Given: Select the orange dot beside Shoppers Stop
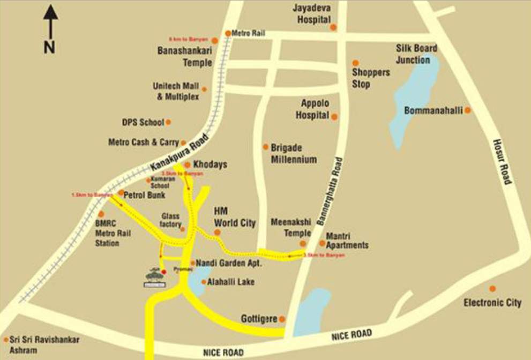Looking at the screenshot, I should tap(355, 63).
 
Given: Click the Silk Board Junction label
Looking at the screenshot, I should tap(416, 54).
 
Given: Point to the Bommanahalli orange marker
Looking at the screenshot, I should tap(468, 110).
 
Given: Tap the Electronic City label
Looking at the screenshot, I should tap(492, 303).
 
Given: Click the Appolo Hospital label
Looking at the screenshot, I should tap(315, 109).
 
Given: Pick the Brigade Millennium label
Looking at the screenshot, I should tap(294, 154).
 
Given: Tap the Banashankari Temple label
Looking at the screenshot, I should tap(184, 56).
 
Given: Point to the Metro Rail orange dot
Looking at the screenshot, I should tap(228, 33).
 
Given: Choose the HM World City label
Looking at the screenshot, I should tap(235, 217).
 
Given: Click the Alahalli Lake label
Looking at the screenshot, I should tap(231, 282).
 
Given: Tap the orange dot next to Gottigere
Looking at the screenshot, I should tap(282, 319).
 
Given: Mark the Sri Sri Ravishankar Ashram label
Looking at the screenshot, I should tap(45, 345).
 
